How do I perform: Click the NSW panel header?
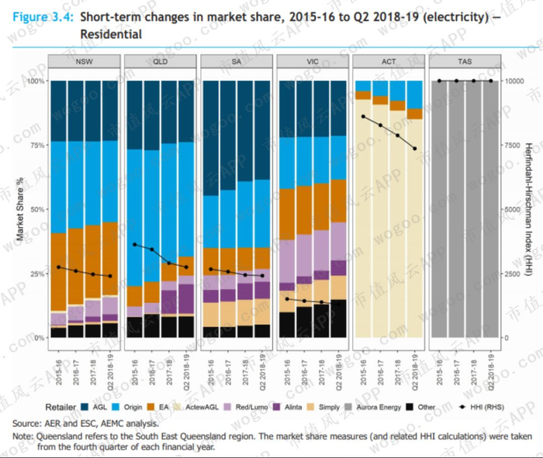(85, 62)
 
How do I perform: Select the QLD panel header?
(161, 62)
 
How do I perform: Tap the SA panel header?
(237, 62)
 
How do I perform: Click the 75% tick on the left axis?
(34, 145)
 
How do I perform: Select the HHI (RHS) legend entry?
(482, 405)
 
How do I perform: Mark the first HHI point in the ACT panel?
(363, 116)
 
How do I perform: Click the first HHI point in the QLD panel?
(135, 245)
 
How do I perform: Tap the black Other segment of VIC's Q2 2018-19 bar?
(338, 318)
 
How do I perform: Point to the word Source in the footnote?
(27, 423)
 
